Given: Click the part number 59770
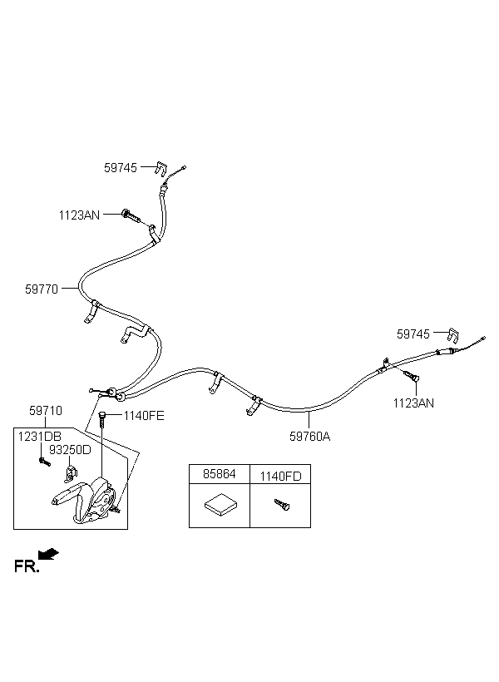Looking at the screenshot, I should pyautogui.click(x=41, y=289).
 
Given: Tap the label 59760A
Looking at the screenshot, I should pyautogui.click(x=309, y=435).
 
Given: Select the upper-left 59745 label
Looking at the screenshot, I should pyautogui.click(x=121, y=167).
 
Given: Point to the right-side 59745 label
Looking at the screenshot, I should pyautogui.click(x=413, y=334).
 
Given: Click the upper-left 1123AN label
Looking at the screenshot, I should pyautogui.click(x=79, y=215).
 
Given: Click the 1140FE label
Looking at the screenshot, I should pyautogui.click(x=144, y=415).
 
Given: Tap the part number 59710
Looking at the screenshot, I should pyautogui.click(x=46, y=411).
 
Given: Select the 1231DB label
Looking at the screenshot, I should pyautogui.click(x=38, y=435).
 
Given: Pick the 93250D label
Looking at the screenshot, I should pyautogui.click(x=70, y=449).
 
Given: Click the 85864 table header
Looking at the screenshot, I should pyautogui.click(x=220, y=475).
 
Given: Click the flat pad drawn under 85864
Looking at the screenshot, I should pyautogui.click(x=220, y=505).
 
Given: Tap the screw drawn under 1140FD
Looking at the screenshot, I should pyautogui.click(x=279, y=505).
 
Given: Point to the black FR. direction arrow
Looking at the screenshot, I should pyautogui.click(x=49, y=553).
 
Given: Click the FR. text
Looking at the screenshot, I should pyautogui.click(x=27, y=566).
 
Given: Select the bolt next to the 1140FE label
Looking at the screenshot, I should pyautogui.click(x=101, y=418).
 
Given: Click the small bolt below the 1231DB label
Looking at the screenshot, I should pyautogui.click(x=42, y=460).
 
